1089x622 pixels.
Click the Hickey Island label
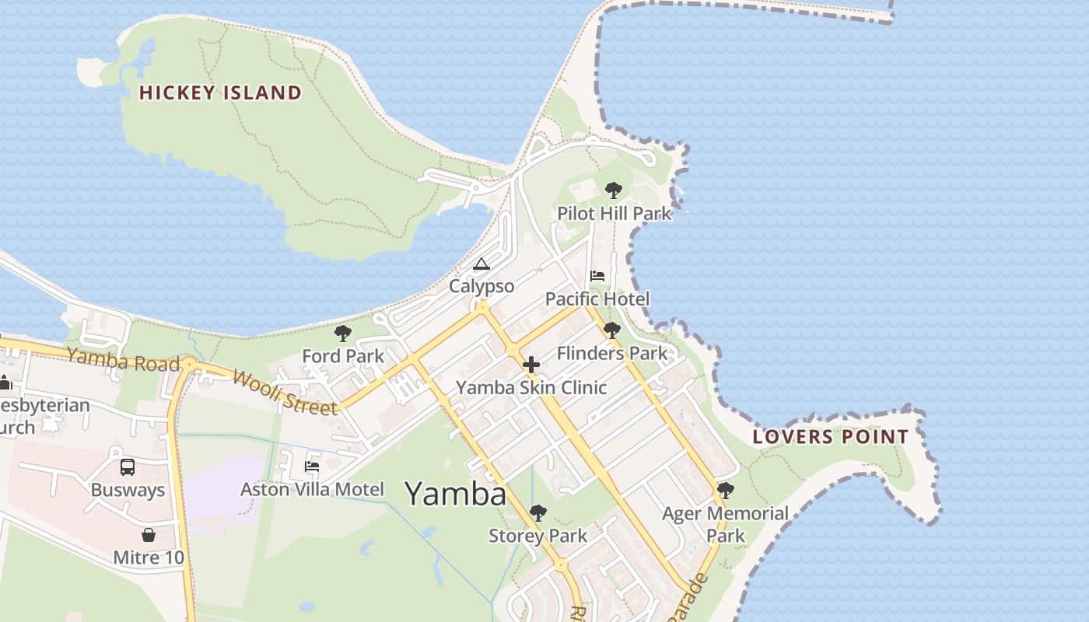(220, 93)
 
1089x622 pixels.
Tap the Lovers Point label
(831, 437)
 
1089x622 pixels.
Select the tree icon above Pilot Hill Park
(614, 190)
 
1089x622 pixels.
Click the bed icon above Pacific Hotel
(597, 276)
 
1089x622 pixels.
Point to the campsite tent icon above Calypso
(481, 264)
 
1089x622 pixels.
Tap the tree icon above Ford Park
(342, 334)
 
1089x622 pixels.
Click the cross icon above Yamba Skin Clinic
(531, 364)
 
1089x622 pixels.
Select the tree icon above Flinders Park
(612, 330)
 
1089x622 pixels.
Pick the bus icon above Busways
(128, 467)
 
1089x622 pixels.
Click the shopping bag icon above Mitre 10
(149, 535)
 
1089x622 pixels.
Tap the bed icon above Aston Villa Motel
(312, 466)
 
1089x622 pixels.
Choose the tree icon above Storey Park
(537, 513)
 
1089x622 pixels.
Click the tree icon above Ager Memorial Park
(725, 491)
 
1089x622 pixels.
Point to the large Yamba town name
(456, 493)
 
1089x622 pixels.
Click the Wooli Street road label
(285, 393)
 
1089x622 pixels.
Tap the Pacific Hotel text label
(597, 299)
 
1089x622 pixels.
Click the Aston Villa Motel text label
(312, 490)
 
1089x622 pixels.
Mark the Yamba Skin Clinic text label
(531, 387)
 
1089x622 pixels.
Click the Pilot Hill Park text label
(614, 213)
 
